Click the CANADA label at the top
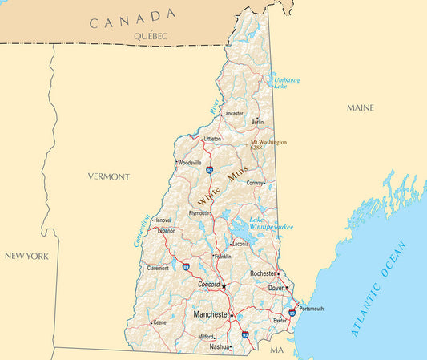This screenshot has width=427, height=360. coord(133,18)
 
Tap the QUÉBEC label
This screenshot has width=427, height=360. coord(152,37)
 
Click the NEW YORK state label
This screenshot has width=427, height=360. coord(26,256)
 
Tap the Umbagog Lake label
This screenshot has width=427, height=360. coord(287,83)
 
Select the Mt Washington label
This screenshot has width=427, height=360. coord(268,142)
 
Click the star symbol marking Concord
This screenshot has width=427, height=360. coord(224,286)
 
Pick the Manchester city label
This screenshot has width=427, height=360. coord(211,314)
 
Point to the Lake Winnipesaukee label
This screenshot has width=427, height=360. coord(270,224)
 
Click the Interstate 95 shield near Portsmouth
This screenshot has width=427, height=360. coord(292,313)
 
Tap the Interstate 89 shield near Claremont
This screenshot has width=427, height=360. coord(186,266)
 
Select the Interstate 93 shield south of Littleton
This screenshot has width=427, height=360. coord(209,170)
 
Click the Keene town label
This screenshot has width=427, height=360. coord(159,322)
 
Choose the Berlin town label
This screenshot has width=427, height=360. coord(257,122)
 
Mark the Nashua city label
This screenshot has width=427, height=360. coord(219,347)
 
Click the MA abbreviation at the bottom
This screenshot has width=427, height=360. coord(277,351)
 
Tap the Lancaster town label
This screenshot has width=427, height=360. coord(233,114)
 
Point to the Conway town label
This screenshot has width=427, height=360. coord(255,183)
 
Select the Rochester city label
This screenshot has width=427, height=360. coord(262,273)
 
